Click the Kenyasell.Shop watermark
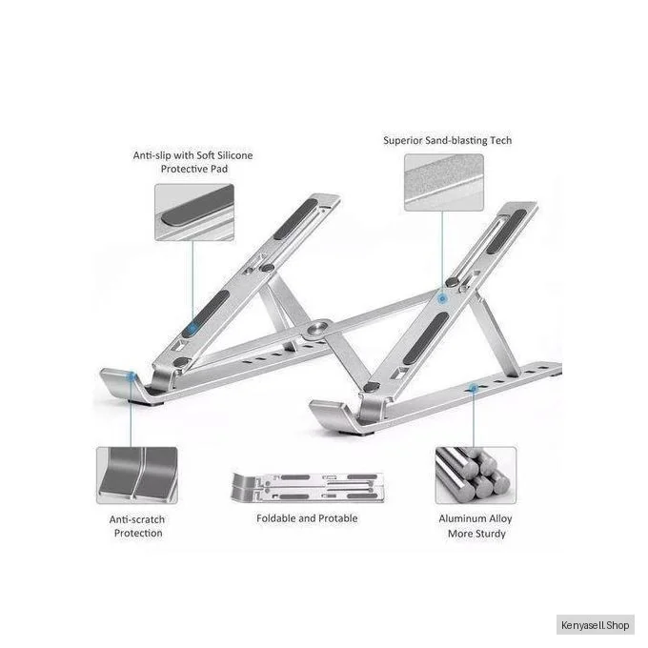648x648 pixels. tap(595, 625)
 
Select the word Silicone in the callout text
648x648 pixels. tap(234, 155)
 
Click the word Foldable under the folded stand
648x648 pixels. tap(275, 518)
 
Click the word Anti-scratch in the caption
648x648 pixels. tap(137, 519)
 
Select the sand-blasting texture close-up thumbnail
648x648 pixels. tap(444, 183)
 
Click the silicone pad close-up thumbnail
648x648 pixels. tap(194, 213)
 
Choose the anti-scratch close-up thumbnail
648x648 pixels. tap(137, 476)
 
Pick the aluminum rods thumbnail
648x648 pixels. tap(476, 476)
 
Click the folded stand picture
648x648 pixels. tap(309, 488)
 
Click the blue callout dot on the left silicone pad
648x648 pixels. tap(192, 329)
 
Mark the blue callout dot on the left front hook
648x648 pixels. tap(132, 376)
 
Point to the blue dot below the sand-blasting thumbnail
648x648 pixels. tap(442, 298)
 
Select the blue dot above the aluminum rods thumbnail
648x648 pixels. tap(474, 389)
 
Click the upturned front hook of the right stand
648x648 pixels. tap(331, 415)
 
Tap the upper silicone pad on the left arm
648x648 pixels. tap(295, 219)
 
